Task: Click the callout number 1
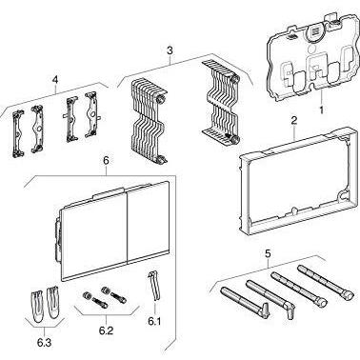pyautogui.click(x=321, y=110)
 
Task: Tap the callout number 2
pyautogui.click(x=294, y=120)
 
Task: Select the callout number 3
pyautogui.click(x=170, y=50)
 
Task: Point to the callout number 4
pyautogui.click(x=55, y=81)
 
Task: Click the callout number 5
pyautogui.click(x=268, y=254)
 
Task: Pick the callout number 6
pyautogui.click(x=106, y=161)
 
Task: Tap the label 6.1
pyautogui.click(x=154, y=322)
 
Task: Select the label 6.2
pyautogui.click(x=106, y=330)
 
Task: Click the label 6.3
pyautogui.click(x=44, y=343)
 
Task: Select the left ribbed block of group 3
pyautogui.click(x=148, y=121)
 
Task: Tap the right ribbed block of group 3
pyautogui.click(x=220, y=102)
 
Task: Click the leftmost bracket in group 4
pyautogui.click(x=18, y=133)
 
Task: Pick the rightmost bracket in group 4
pyautogui.click(x=91, y=115)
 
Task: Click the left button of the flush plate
pyautogui.click(x=94, y=236)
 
